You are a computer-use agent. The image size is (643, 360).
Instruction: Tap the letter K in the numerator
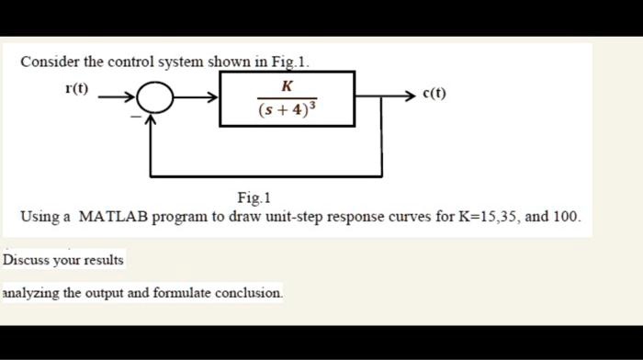pos(288,85)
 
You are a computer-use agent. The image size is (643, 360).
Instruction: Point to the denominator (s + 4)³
pos(288,110)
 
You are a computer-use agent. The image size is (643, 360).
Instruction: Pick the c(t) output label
pos(434,94)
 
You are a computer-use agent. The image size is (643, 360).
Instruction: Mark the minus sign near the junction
pos(135,118)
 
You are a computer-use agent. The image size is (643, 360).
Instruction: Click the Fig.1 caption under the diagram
pos(254,197)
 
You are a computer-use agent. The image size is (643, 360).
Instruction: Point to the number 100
pos(565,218)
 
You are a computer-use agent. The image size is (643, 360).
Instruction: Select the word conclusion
pos(249,293)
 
